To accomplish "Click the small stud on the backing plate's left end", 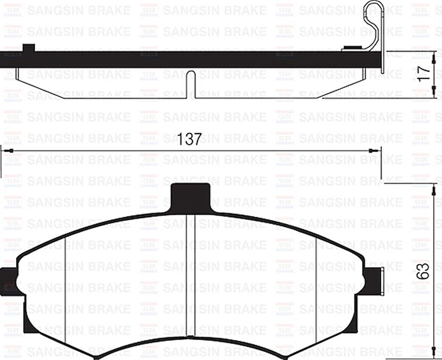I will pyautogui.click(x=29, y=48).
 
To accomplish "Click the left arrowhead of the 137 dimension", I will pyautogui.click(x=10, y=151).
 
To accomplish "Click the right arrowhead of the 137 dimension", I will pyautogui.click(x=372, y=151).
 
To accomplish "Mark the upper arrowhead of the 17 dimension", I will pyautogui.click(x=434, y=58).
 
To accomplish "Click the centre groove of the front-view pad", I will pyautogui.click(x=191, y=274).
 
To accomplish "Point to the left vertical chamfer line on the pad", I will pyautogui.click(x=66, y=285).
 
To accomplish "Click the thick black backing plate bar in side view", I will pyautogui.click(x=187, y=60).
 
